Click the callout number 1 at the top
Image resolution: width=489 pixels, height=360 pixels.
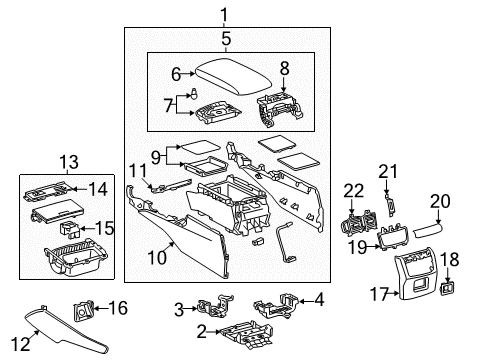225,14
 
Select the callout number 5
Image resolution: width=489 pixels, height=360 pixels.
226,38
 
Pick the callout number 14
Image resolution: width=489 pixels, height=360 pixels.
97,187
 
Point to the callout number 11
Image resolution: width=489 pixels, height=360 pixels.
137,172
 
